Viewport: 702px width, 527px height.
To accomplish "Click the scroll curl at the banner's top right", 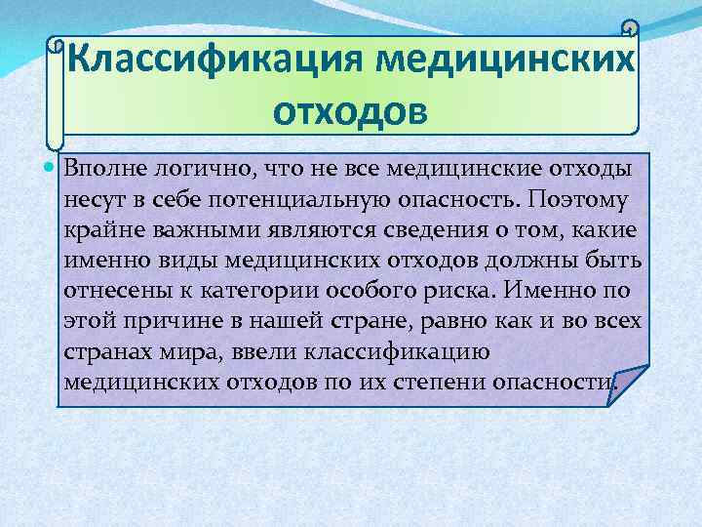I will pyautogui.click(x=630, y=32).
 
